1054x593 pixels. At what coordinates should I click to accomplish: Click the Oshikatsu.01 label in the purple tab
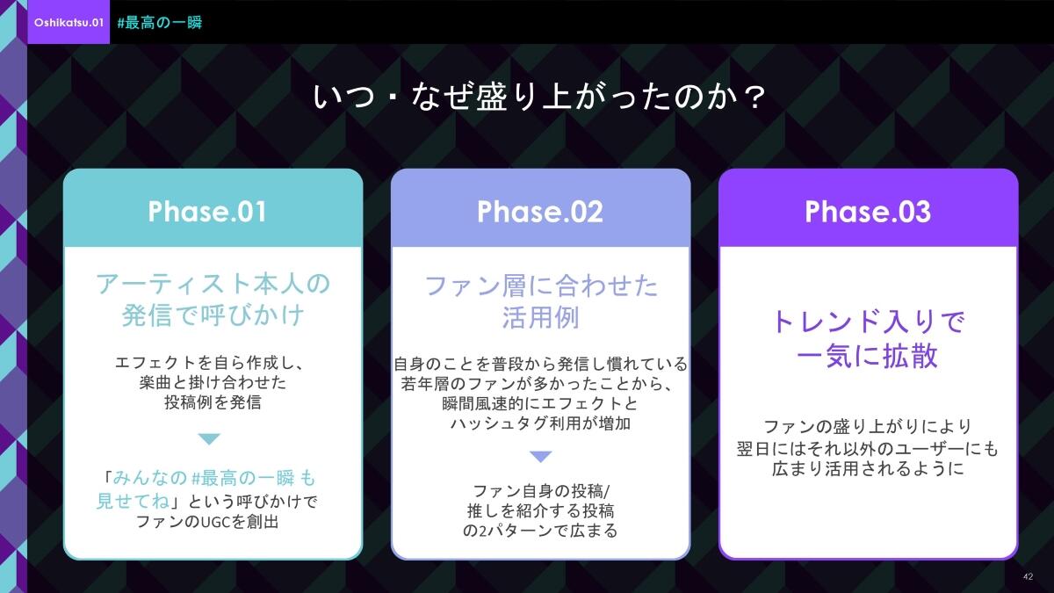pos(69,23)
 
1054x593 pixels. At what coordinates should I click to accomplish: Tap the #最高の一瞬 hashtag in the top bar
pos(160,23)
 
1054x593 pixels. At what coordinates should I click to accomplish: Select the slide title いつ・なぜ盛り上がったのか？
pos(539,97)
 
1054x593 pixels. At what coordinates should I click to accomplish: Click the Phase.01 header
pos(207,212)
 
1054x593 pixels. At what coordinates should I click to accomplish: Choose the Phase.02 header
pos(540,212)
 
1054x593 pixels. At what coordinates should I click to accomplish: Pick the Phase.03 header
pos(868,212)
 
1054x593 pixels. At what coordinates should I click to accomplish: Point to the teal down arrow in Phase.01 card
pos(209,439)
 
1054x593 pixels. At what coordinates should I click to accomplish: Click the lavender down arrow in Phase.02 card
pos(541,457)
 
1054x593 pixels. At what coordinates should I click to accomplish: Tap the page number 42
pos(1029,576)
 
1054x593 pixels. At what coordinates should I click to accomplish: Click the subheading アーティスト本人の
pos(213,284)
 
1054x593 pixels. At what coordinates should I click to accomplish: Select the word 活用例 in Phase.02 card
pos(541,318)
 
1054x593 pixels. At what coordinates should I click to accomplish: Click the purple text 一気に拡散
pos(867,355)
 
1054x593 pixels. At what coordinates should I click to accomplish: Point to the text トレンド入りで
pos(868,322)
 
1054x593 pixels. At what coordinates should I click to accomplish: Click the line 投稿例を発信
pos(213,402)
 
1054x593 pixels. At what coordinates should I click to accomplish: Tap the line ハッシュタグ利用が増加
pos(540,423)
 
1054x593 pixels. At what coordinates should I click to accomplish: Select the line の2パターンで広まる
pos(540,531)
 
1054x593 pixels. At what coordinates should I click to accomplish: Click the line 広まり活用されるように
pos(868,469)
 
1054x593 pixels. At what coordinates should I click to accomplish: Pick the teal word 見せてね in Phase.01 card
pos(133,502)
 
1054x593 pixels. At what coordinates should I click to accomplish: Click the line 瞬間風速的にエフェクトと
pos(540,403)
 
